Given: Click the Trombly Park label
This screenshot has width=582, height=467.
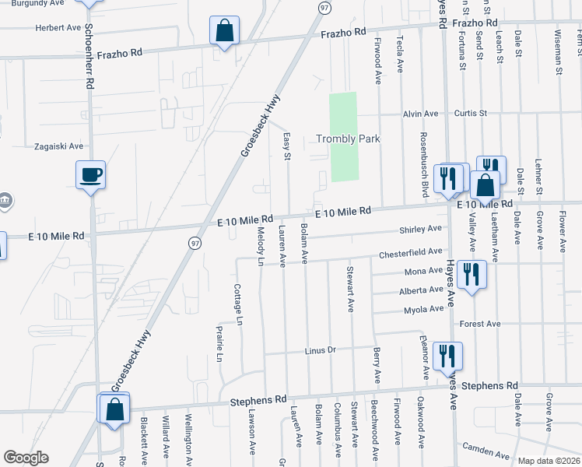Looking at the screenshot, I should pyautogui.click(x=348, y=139).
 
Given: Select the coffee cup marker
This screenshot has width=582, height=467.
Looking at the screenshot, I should pyautogui.click(x=91, y=174).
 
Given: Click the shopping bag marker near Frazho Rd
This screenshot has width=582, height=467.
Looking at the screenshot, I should pyautogui.click(x=224, y=31).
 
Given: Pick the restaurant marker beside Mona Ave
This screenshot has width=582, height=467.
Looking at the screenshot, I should pyautogui.click(x=472, y=274).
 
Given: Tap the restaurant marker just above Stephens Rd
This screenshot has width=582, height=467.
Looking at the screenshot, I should pyautogui.click(x=447, y=356).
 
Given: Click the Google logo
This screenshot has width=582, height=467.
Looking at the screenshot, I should pyautogui.click(x=26, y=458).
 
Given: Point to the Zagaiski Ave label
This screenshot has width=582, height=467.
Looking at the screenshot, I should pyautogui.click(x=58, y=146).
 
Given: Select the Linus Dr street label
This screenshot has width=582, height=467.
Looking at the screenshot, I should pyautogui.click(x=320, y=350).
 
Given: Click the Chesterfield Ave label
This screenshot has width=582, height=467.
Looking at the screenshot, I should pyautogui.click(x=410, y=253).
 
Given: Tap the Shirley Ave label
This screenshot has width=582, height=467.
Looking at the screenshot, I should pyautogui.click(x=419, y=229).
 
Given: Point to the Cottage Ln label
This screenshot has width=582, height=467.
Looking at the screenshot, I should pyautogui.click(x=238, y=300).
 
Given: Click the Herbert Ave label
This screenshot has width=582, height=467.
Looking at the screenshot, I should pyautogui.click(x=58, y=28).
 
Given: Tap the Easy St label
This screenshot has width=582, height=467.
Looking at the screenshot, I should pyautogui.click(x=286, y=146).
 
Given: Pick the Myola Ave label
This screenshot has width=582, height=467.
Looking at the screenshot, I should pyautogui.click(x=424, y=310).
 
